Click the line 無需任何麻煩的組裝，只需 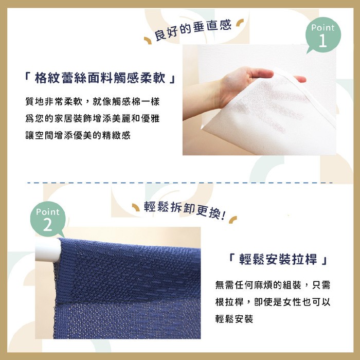click(x=273, y=284)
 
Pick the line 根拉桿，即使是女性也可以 click(x=273, y=302)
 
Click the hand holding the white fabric click(x=247, y=82)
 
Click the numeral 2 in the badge click(x=48, y=225)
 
